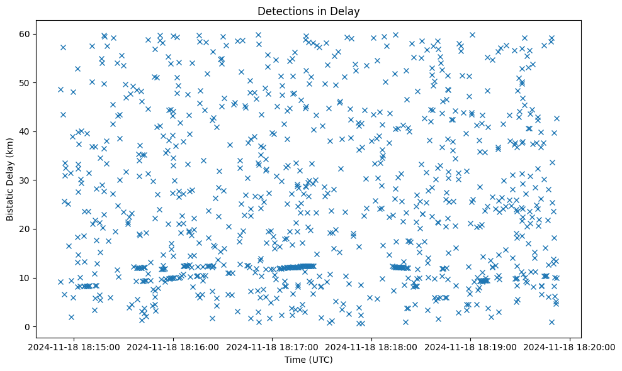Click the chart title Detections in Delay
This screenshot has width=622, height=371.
(308, 11)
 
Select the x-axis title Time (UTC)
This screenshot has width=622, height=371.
(308, 360)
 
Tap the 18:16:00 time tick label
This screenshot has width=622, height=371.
(173, 346)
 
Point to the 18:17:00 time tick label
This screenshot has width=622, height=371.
(273, 346)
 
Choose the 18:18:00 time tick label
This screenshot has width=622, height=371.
(372, 346)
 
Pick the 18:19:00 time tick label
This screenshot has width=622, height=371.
(471, 346)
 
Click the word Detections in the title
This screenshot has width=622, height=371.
(284, 11)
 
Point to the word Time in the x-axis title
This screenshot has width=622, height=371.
(295, 360)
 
